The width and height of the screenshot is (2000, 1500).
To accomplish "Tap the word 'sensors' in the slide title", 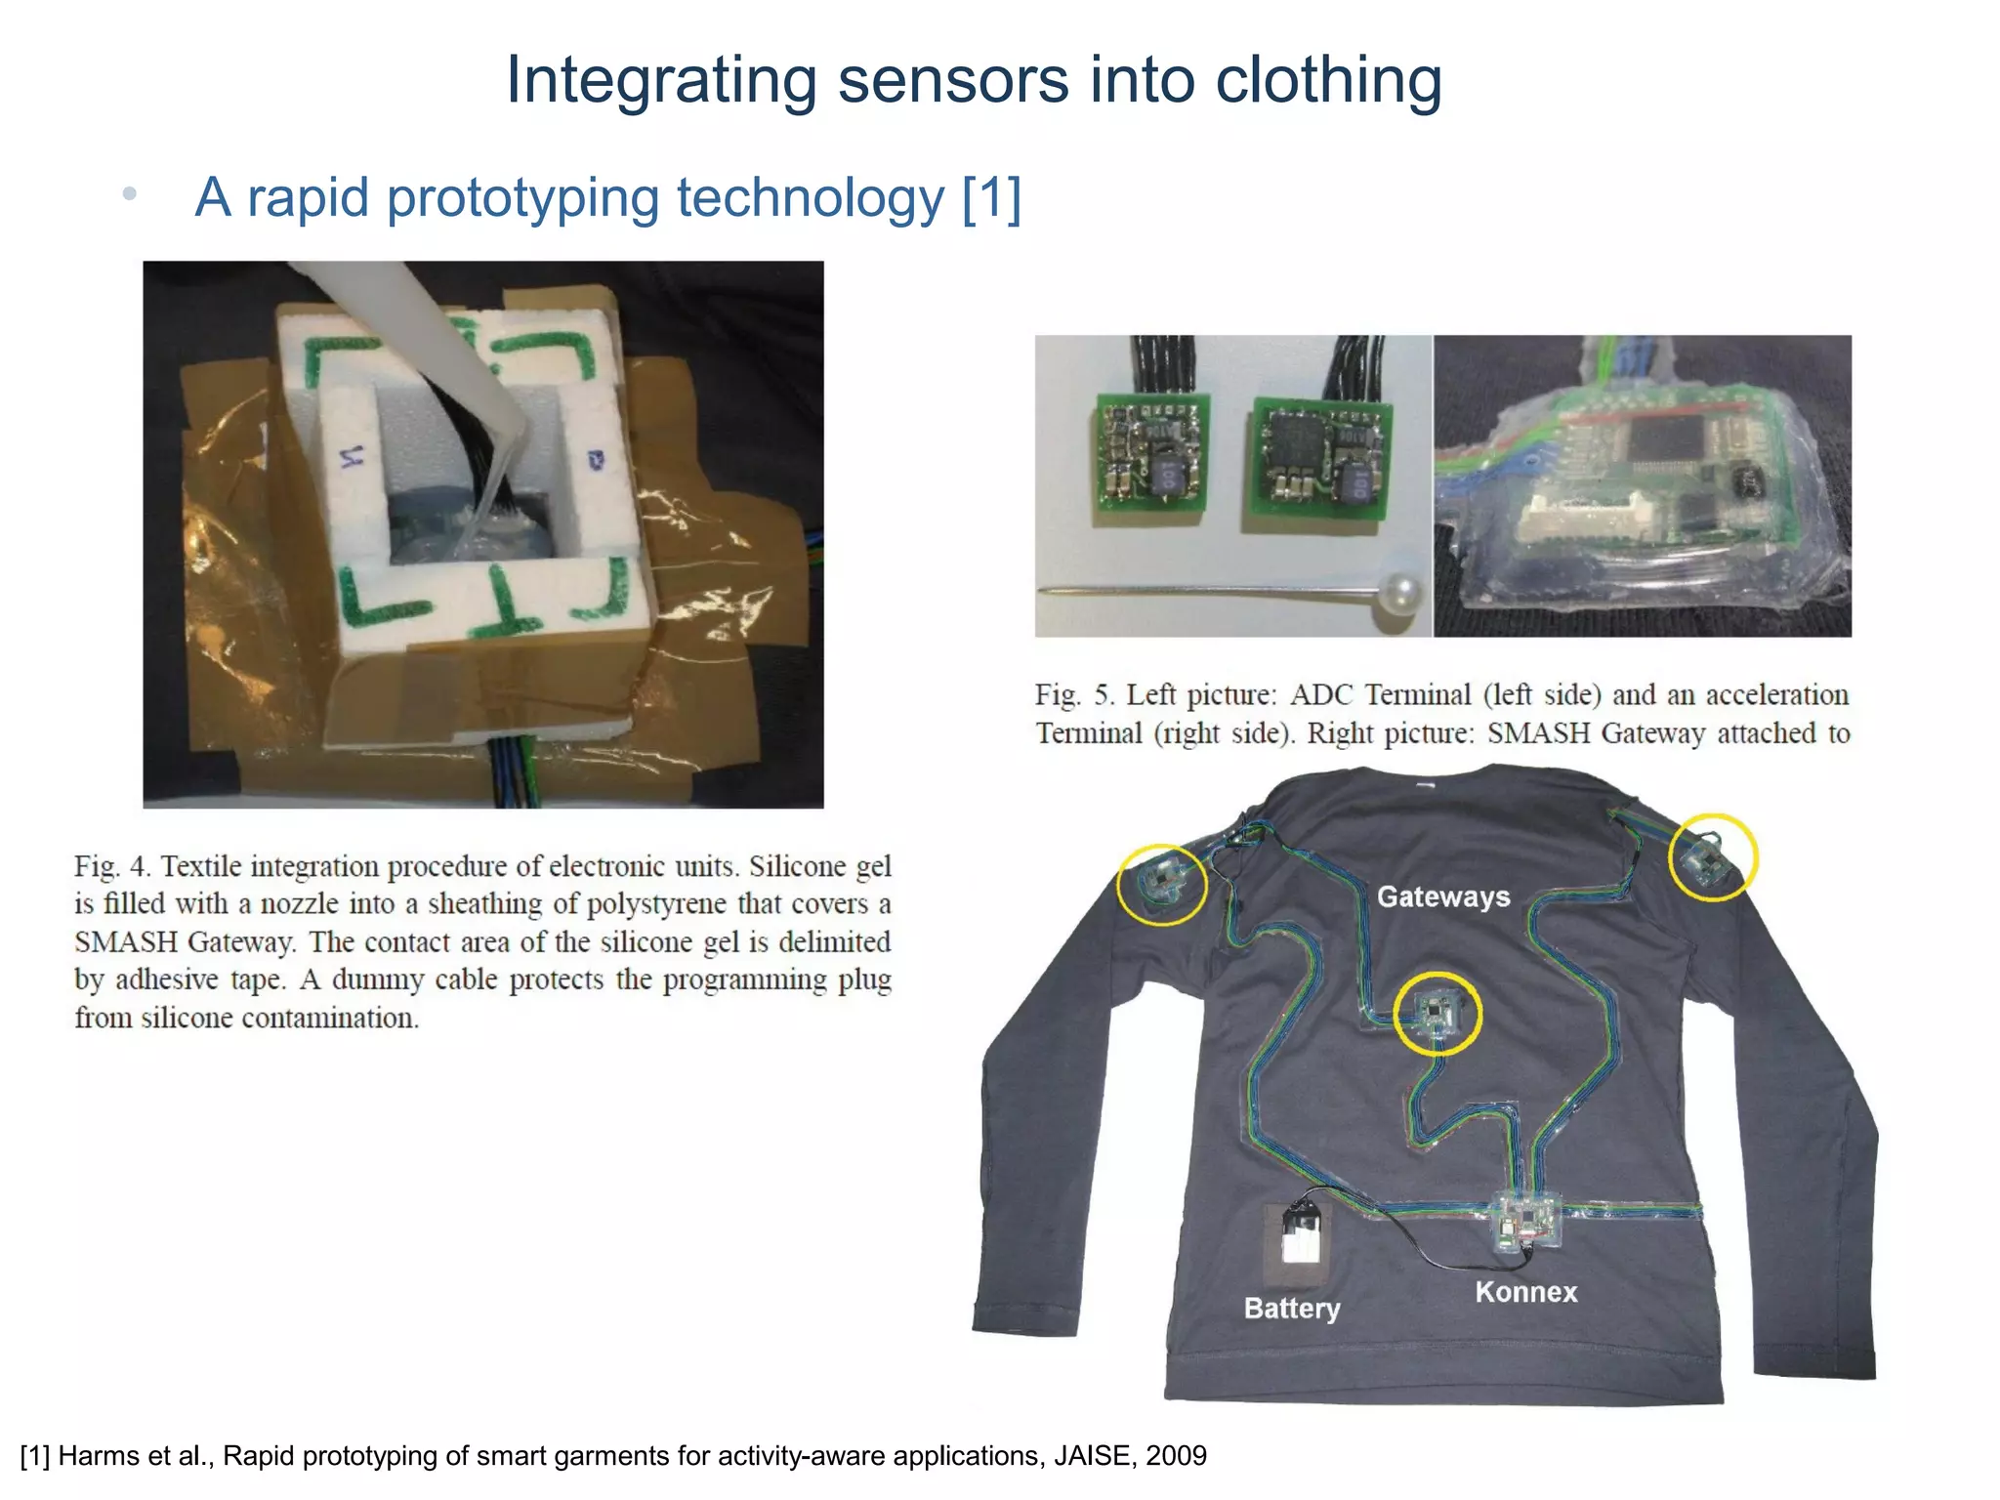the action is [953, 80].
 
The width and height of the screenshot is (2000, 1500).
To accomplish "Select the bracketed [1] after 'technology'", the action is [991, 198].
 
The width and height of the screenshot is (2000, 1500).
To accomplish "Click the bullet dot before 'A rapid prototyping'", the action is [129, 194].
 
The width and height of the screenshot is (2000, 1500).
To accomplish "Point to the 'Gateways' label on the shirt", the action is [1442, 896].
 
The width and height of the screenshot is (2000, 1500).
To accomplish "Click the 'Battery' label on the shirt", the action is [1291, 1309].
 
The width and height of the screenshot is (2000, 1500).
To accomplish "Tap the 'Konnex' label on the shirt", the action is [1525, 1292].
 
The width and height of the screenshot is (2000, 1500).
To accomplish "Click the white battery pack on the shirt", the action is [1297, 1242].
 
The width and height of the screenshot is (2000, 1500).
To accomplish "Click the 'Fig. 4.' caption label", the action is [111, 867].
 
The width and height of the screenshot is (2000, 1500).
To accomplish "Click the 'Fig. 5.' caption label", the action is [1074, 695].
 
